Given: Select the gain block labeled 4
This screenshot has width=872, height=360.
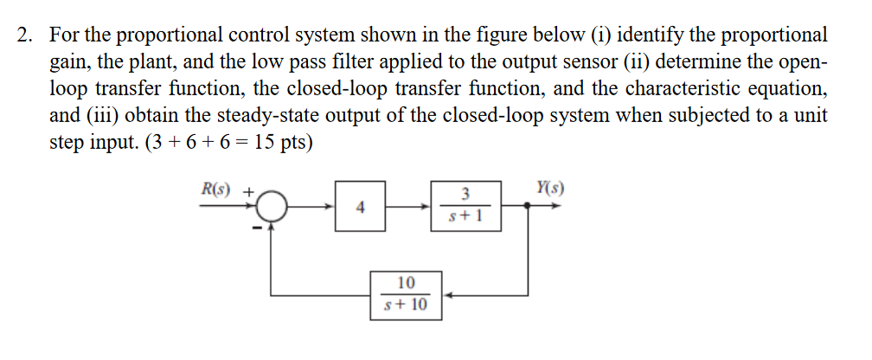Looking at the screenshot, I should (x=361, y=207).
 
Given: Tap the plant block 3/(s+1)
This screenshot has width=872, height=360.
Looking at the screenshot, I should (x=465, y=207).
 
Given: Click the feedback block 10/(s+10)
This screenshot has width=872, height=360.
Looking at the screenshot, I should (x=406, y=294).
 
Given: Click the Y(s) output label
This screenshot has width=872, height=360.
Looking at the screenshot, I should (x=551, y=188).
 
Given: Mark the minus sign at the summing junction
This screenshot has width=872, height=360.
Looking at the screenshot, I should (x=256, y=228).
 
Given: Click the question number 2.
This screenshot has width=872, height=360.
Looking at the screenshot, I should (x=26, y=35).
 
